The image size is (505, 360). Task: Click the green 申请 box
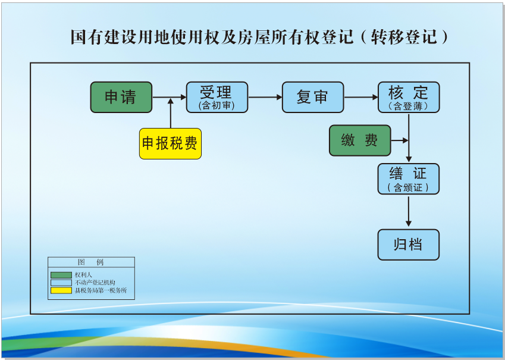(121, 97)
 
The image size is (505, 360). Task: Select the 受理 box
(217, 97)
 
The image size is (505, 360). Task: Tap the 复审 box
(313, 97)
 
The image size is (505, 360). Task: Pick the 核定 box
(409, 97)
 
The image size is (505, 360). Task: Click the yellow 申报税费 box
(170, 143)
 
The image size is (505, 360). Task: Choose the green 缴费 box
(360, 140)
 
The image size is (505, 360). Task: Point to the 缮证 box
(409, 179)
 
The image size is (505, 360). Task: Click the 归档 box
(409, 245)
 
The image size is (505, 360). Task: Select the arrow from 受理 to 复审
(265, 97)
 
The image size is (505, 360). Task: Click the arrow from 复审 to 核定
(361, 97)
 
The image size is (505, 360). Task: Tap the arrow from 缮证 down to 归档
(409, 211)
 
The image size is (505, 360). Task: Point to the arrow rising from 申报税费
(171, 114)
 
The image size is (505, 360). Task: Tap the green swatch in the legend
(61, 275)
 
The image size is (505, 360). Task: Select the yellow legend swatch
(61, 290)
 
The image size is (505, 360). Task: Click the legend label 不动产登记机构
(95, 283)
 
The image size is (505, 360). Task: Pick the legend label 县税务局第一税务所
(101, 290)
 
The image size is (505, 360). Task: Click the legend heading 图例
(91, 262)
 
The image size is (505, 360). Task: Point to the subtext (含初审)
(217, 106)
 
